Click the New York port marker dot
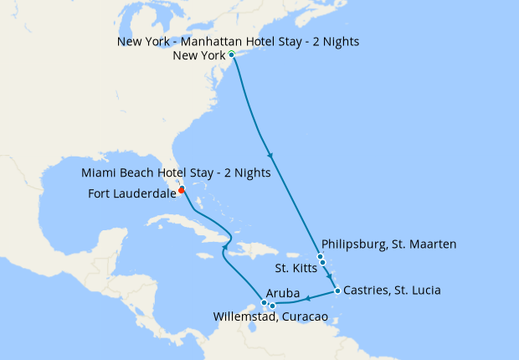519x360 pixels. (232, 55)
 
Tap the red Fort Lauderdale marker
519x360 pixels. (182, 189)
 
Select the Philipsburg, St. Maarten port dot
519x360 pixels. (320, 257)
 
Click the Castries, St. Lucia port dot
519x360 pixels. (337, 291)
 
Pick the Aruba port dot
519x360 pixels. (264, 302)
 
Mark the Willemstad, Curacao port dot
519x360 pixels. (272, 306)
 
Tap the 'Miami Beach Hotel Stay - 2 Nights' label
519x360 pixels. (176, 173)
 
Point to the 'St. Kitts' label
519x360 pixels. (295, 269)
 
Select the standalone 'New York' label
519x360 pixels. (199, 56)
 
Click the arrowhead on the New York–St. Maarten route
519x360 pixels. (270, 156)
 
